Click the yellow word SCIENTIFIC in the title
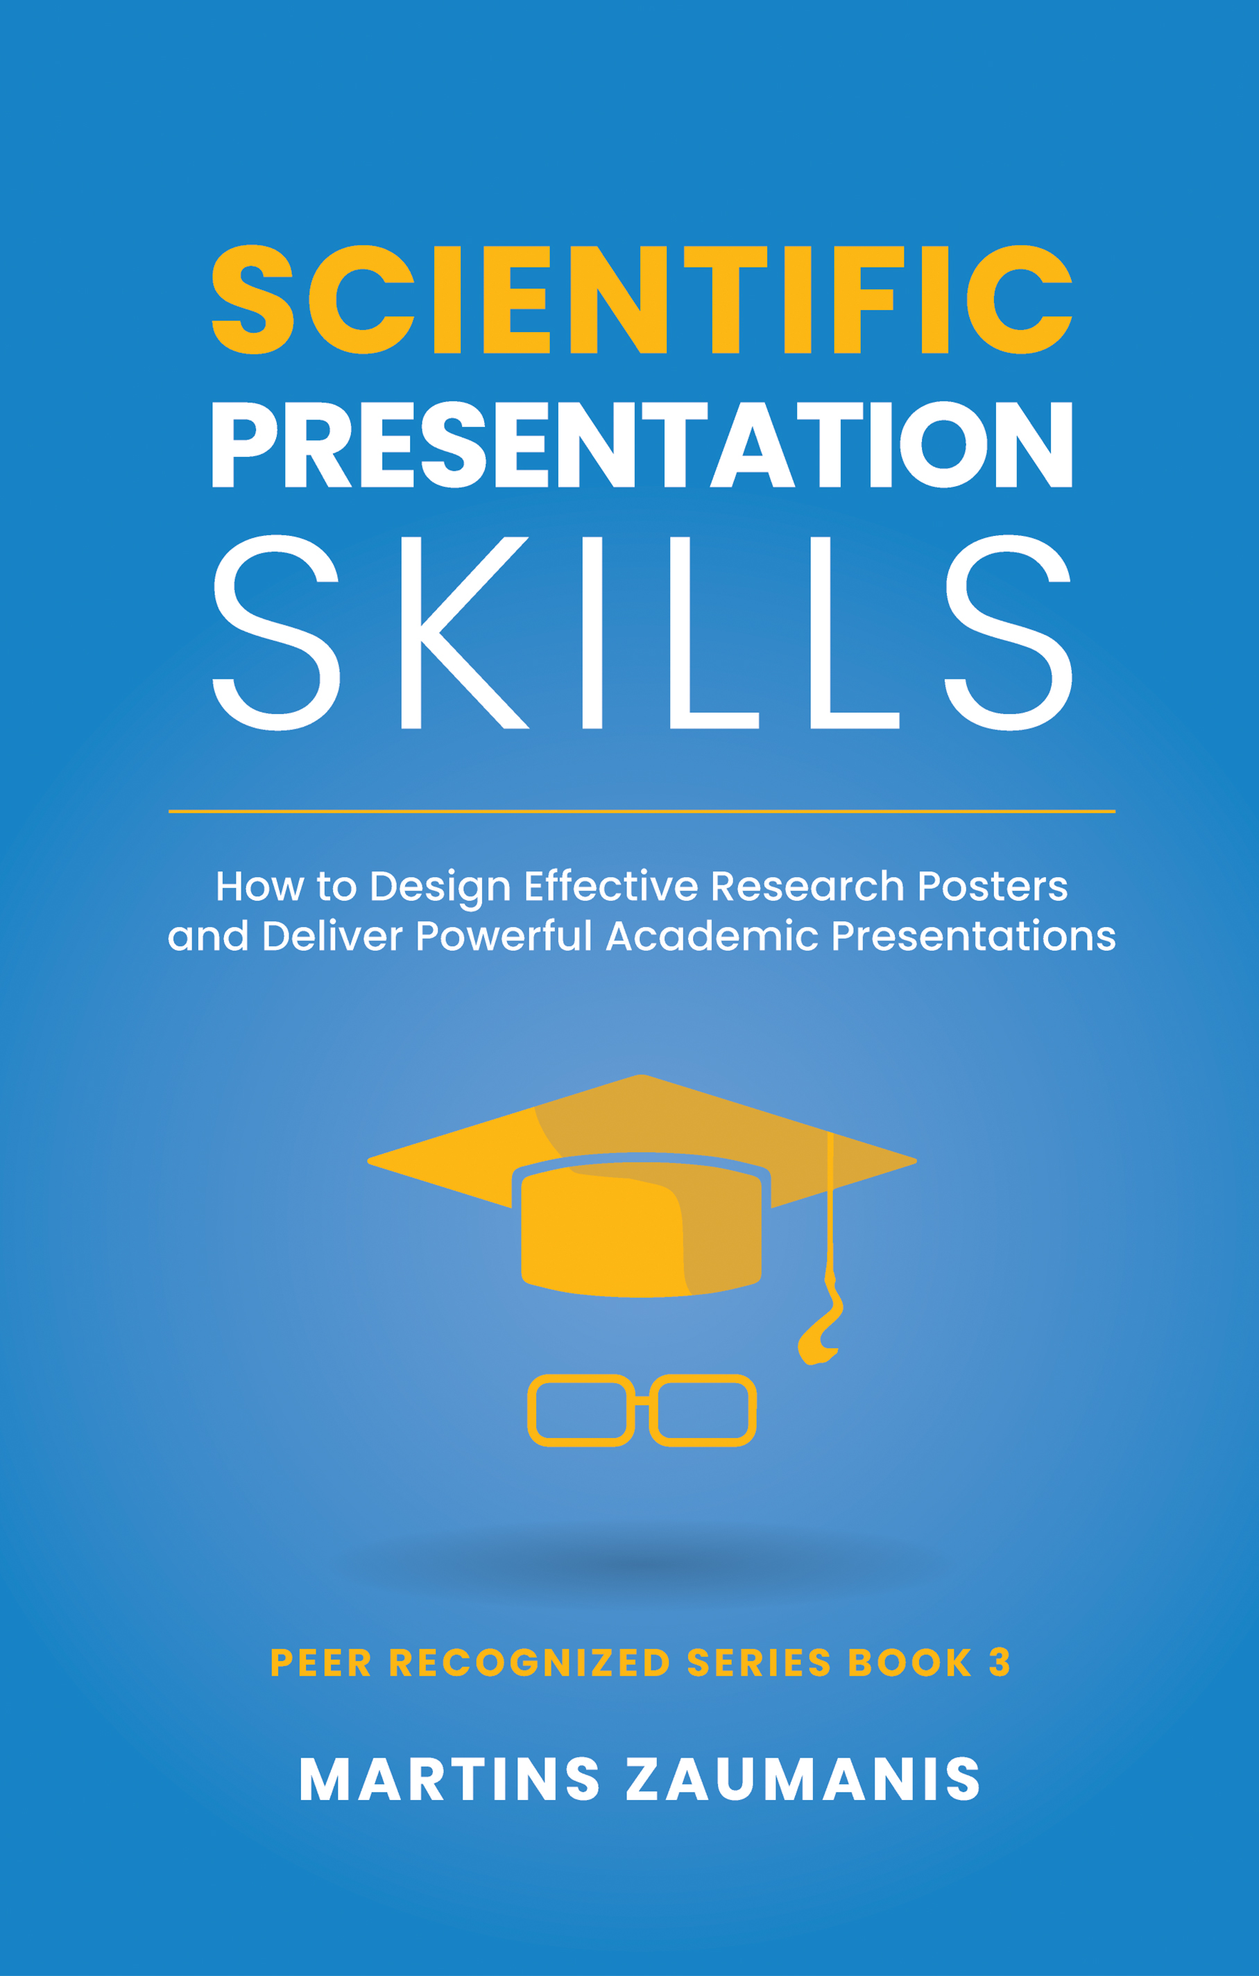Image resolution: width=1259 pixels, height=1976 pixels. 642,300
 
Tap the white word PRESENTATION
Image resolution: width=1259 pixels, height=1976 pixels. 642,444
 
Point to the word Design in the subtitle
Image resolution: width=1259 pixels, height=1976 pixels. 440,887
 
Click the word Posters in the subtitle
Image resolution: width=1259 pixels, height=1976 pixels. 991,886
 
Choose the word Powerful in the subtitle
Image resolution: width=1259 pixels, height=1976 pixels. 503,936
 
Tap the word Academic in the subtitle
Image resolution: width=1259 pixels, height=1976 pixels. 712,936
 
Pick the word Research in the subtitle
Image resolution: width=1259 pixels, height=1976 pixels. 807,886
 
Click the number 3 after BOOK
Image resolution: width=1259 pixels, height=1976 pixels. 1000,1663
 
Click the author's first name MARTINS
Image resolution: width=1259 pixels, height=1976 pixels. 449,1780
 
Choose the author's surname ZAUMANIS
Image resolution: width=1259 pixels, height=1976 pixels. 803,1780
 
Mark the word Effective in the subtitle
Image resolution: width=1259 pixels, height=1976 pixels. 610,886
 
